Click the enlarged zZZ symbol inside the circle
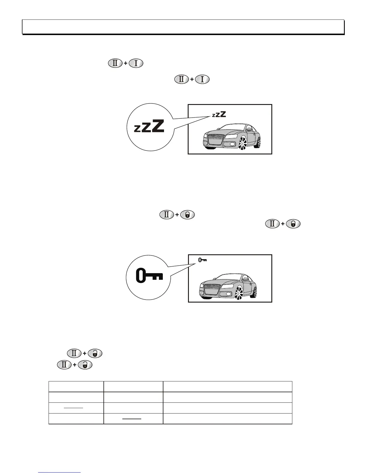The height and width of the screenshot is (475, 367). click(x=149, y=126)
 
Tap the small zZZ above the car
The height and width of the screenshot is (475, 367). click(x=219, y=115)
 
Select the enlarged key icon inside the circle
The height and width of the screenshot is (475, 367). click(x=149, y=276)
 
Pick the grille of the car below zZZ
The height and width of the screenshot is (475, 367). click(x=216, y=139)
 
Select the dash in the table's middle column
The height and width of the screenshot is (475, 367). click(x=132, y=419)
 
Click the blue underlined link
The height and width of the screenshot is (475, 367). click(x=60, y=472)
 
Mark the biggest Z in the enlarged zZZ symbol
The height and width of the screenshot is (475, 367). click(x=158, y=126)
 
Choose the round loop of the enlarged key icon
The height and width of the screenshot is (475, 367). click(x=141, y=276)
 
